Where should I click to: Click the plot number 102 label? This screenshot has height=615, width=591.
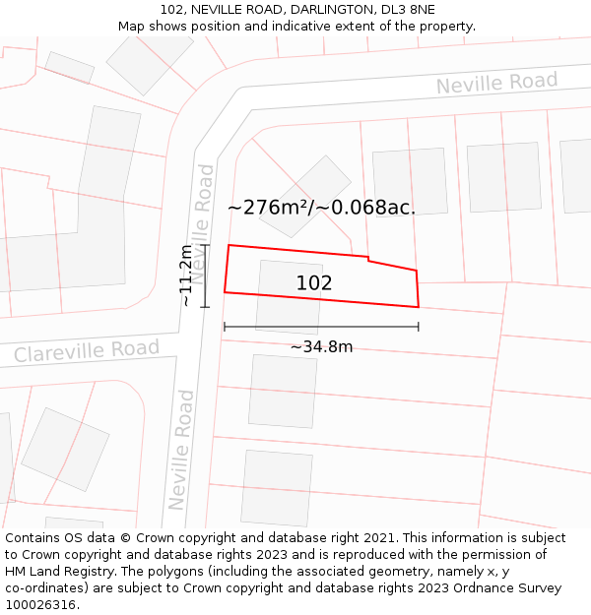314,283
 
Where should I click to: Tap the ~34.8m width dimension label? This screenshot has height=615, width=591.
321,346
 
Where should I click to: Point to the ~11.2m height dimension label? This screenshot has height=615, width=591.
186,277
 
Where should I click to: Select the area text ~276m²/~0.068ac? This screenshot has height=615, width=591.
321,208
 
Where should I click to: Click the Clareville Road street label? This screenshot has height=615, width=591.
87,350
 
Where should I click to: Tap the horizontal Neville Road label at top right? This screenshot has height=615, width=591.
496,84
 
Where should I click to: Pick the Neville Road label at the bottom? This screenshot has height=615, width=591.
180,450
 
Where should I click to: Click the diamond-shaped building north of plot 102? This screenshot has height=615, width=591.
306,196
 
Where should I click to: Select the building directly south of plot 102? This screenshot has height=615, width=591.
283,391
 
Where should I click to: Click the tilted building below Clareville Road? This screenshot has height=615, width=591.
65,449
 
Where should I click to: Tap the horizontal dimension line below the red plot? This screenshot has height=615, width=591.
321,326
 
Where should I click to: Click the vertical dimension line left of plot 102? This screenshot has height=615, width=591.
205,276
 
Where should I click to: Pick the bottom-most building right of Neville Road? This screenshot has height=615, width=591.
277,488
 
